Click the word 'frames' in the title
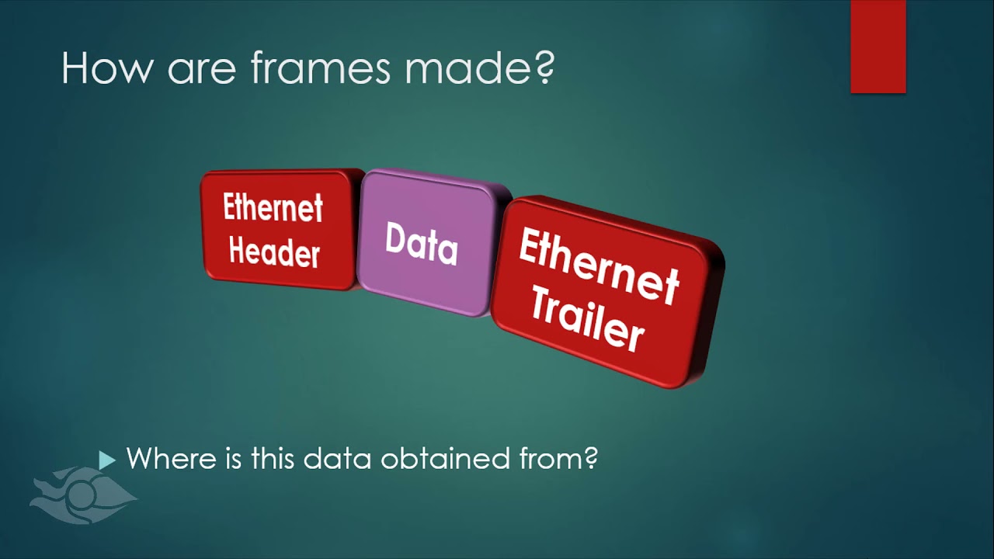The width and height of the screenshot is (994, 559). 321,68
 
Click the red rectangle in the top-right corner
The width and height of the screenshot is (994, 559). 878,47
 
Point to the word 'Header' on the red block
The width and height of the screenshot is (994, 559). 274,253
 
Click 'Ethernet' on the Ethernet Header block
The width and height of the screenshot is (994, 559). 273,207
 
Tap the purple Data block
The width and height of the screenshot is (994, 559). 423,242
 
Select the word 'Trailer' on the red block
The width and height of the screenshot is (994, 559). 587,321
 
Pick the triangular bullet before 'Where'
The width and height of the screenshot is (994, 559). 107,460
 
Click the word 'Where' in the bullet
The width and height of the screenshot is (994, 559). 169,459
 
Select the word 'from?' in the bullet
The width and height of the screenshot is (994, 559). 558,459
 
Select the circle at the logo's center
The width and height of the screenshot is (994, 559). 81,494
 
